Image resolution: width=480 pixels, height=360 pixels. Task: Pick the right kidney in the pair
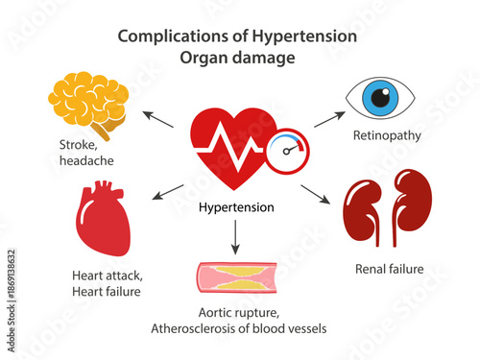413,203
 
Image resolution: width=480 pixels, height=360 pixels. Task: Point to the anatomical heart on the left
103,221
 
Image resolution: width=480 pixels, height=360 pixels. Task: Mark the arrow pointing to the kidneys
315,193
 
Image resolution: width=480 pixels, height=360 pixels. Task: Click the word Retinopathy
387,135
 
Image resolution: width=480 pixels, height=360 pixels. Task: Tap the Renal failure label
389,269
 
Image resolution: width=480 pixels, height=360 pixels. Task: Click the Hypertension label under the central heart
235,207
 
